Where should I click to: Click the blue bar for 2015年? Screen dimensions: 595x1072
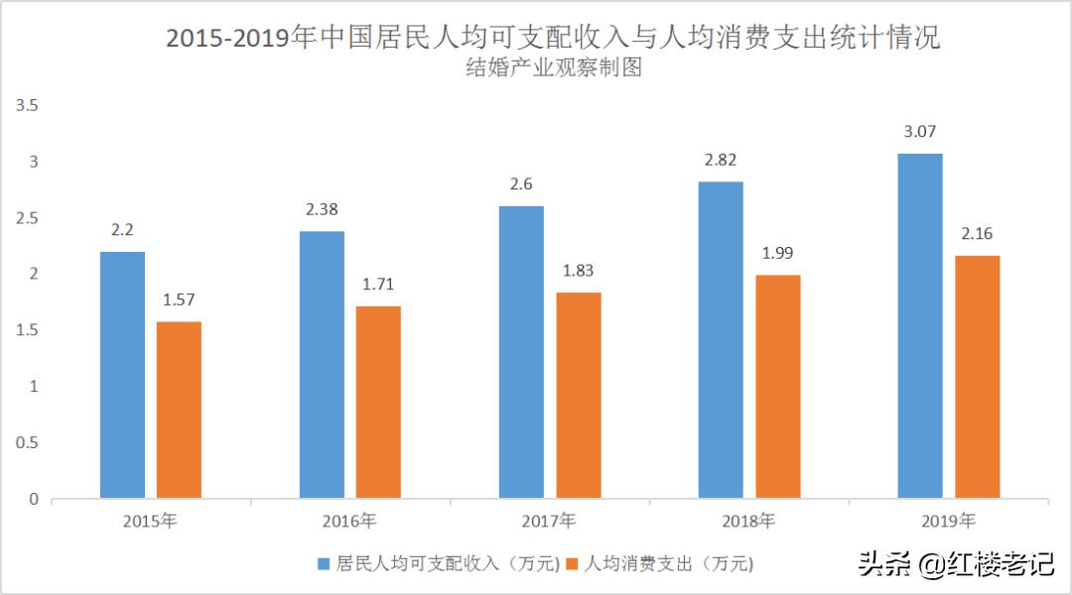(x=122, y=375)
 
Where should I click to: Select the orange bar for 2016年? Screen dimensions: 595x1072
(x=378, y=402)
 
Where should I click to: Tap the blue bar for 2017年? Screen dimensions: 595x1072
(x=521, y=352)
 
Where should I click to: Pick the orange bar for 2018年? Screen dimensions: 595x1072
(x=777, y=386)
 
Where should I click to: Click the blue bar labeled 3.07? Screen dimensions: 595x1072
(x=920, y=325)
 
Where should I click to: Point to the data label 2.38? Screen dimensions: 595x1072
(x=322, y=209)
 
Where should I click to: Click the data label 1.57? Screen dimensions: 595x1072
(x=179, y=299)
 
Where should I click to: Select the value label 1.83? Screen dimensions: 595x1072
(x=578, y=271)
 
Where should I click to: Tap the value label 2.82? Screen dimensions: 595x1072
(x=720, y=160)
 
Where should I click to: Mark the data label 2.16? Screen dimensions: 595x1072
(x=977, y=234)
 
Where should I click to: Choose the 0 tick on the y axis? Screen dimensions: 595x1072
(x=34, y=499)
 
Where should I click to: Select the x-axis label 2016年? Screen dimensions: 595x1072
(x=349, y=521)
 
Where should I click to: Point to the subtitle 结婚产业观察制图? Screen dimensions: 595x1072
(x=552, y=68)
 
